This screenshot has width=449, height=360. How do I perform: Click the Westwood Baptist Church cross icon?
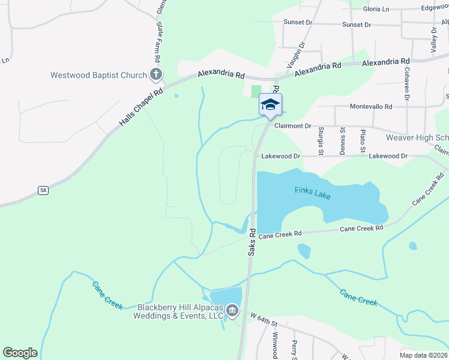[155, 75]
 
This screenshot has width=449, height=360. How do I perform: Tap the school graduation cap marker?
[270, 104]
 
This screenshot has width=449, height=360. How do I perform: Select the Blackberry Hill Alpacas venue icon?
[232, 311]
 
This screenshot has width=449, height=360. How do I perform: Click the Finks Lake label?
[312, 192]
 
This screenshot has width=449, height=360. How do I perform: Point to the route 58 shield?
[43, 190]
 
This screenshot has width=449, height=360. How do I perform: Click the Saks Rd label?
[253, 243]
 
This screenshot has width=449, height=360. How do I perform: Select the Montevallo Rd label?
[372, 106]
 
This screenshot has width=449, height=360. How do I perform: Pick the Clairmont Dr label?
[292, 126]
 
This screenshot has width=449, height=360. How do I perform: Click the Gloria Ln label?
[376, 9]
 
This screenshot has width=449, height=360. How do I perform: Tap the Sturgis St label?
[322, 140]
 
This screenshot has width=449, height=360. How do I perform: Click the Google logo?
[20, 353]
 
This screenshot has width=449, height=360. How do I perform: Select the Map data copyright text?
[424, 355]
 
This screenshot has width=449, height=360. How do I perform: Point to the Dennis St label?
[342, 140]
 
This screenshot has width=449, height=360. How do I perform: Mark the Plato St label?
[362, 141]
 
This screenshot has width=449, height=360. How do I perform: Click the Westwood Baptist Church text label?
[99, 75]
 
